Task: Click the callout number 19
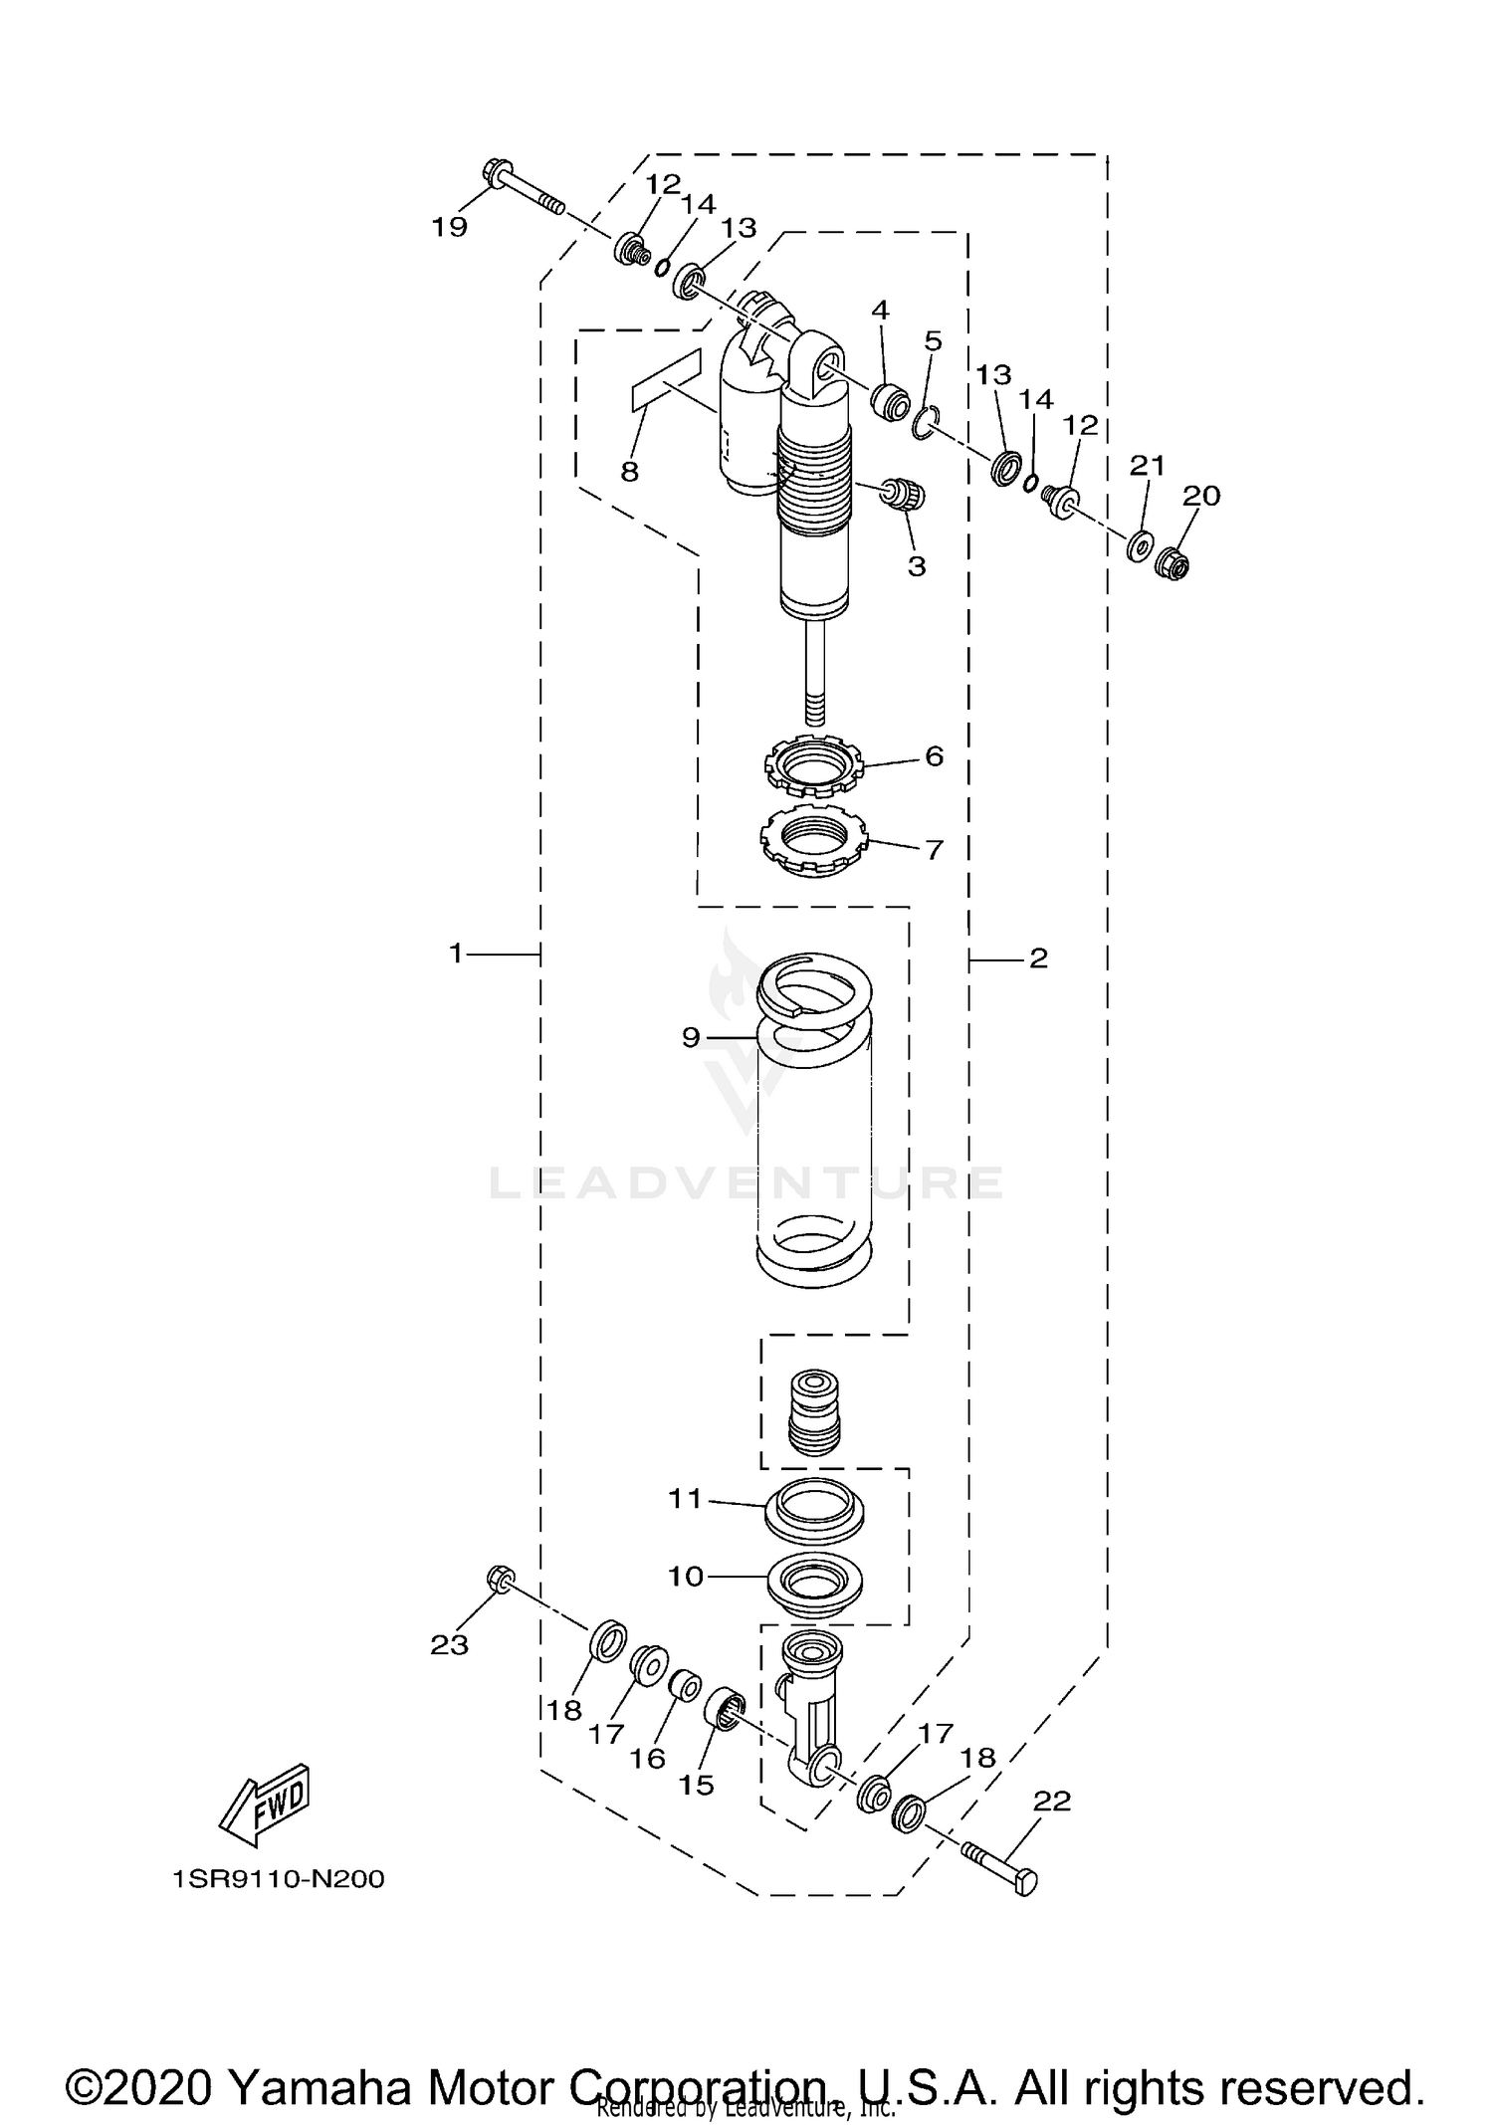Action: [x=449, y=227]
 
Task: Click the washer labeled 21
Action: [x=1140, y=546]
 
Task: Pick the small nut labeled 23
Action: [x=501, y=1579]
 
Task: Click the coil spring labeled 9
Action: [x=815, y=1125]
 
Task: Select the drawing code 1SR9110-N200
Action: [x=278, y=1879]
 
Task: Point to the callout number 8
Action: [x=629, y=471]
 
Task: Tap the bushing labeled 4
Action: [x=889, y=401]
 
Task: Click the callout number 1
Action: [x=456, y=954]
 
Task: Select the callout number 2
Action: [x=1038, y=958]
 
